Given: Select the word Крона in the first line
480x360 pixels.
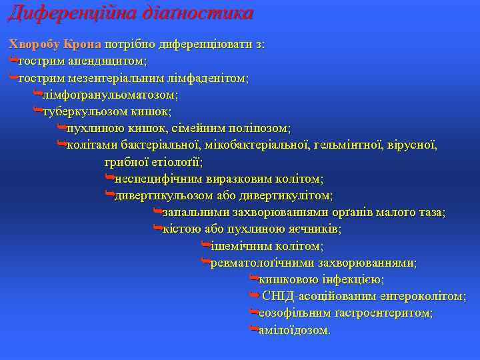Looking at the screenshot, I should click(82, 45).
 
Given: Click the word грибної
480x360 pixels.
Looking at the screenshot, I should click(125, 161).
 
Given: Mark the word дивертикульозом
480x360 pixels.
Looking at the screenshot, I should click(163, 195).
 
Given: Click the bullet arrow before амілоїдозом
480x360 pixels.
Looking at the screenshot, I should click(253, 329).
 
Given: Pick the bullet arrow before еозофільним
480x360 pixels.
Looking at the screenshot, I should click(253, 313).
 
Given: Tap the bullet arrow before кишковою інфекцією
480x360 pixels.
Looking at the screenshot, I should click(253, 279).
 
